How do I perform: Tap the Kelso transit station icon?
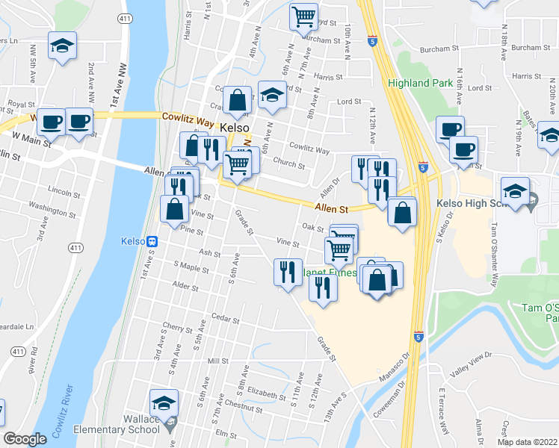152,241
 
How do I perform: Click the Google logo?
24,439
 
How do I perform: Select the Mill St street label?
217,361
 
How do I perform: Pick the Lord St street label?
349,101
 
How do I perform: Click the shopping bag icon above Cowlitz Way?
237,102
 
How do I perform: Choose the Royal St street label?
22,105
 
